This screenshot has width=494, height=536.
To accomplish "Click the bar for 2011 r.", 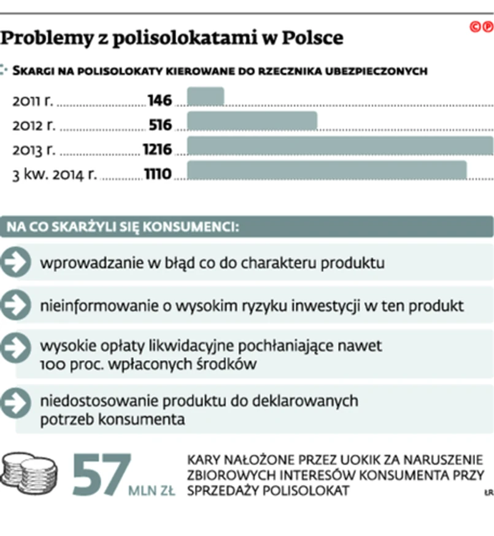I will coord(206,97).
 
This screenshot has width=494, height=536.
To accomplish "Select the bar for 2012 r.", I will coord(252,122).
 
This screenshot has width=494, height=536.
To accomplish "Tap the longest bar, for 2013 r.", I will coord(339,146).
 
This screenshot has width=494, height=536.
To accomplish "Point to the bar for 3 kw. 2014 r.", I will coord(326,171).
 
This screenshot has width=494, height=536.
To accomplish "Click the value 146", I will coord(160,100).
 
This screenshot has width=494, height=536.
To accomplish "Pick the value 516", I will coord(160,125).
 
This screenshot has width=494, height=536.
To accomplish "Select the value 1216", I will coord(157,149).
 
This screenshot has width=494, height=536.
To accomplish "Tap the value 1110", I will coord(158,174).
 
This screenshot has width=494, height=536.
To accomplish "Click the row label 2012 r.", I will coord(34,125).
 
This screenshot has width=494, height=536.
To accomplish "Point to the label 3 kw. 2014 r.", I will coord(55,175).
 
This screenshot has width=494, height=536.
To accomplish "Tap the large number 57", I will coord(101,475).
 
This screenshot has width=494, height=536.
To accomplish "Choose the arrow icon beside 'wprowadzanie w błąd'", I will coord(15,263).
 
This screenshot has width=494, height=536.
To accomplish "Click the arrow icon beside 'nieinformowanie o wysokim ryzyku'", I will coord(15,305).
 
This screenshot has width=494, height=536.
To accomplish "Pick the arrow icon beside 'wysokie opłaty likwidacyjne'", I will coord(15,347).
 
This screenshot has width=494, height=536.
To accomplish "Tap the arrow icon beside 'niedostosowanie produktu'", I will coord(15,403).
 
